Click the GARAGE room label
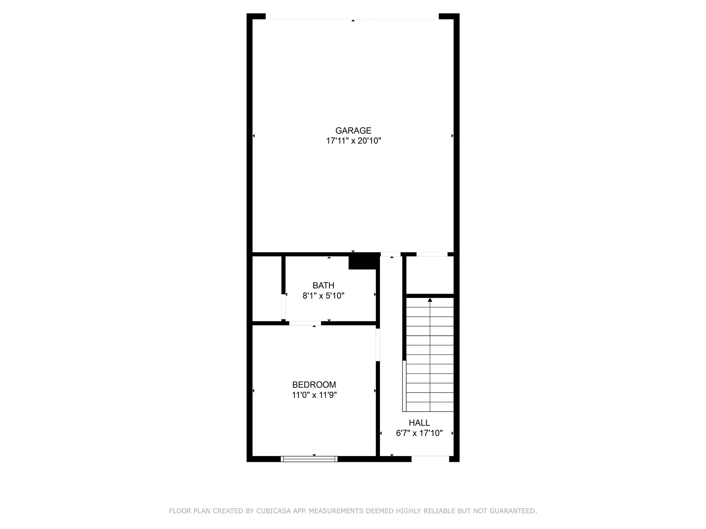pos(353,131)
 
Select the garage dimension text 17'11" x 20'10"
pos(353,141)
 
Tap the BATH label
pos(323,286)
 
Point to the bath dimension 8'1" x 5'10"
pos(323,296)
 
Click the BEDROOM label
pos(314,385)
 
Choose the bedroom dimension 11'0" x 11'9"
pos(314,395)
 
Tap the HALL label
pos(419,423)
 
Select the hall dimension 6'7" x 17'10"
pos(419,433)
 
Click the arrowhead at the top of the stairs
pos(430,300)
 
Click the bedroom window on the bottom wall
pos(309,459)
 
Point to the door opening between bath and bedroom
pos(305,323)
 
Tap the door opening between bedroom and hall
pos(378,345)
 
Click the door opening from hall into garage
pos(391,255)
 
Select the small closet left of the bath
pos(267,289)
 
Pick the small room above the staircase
pos(430,275)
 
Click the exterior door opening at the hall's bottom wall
pos(430,458)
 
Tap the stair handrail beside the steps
pos(404,386)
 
